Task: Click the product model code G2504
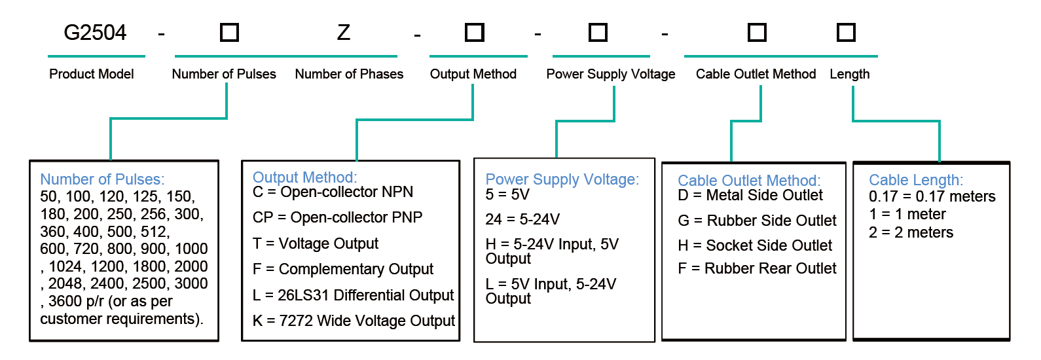point(95,33)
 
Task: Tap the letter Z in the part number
point(344,33)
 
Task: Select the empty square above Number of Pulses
point(229,33)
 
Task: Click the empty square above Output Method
point(475,33)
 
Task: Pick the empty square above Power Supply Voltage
point(598,33)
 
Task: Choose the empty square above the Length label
point(846,33)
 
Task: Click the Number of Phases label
point(349,74)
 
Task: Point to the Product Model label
point(92,74)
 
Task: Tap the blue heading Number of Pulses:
point(102,179)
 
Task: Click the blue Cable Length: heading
point(916,180)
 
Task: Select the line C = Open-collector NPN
point(333,192)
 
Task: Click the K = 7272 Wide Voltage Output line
point(354,321)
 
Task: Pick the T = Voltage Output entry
point(316,243)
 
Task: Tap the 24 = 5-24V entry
point(522,219)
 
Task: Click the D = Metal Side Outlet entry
point(750,195)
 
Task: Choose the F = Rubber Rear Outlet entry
point(757,268)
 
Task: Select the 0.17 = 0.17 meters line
point(932,196)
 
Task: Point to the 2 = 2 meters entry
point(911,232)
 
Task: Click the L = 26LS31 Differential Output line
point(353,295)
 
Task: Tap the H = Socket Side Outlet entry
point(755,245)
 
